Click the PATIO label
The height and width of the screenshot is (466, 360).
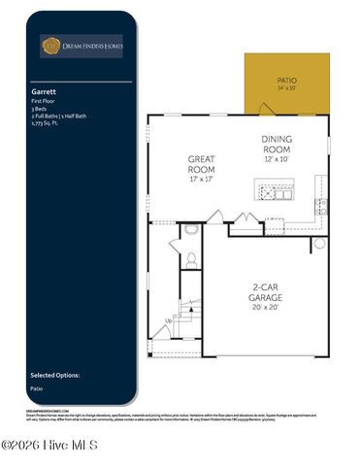(x=285, y=81)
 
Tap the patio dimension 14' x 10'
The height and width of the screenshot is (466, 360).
(x=285, y=88)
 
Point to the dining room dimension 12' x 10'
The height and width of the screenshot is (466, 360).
(x=282, y=159)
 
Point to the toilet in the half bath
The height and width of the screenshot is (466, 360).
(x=191, y=259)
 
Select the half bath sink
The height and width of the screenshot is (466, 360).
(x=191, y=231)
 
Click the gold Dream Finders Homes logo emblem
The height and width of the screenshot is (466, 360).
(x=49, y=45)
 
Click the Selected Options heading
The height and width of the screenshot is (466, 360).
(x=54, y=374)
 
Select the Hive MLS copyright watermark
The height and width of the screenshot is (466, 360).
(x=49, y=446)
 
